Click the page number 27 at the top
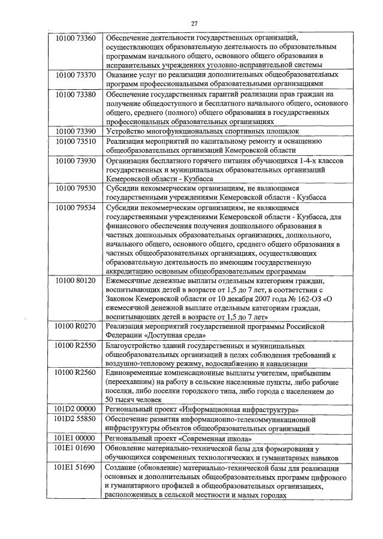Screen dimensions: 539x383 [x=194, y=23]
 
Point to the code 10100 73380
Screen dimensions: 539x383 [x=74, y=94]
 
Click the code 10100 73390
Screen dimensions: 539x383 [x=74, y=131]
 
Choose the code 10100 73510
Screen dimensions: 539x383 [x=74, y=141]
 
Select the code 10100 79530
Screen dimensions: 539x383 [x=74, y=188]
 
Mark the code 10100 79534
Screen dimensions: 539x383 [x=74, y=207]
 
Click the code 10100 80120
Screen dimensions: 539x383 [x=74, y=280]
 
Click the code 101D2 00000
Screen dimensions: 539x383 [x=74, y=409]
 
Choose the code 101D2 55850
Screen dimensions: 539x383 [x=74, y=419]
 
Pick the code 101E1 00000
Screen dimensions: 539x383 [x=74, y=438]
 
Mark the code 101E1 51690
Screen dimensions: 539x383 [x=74, y=467]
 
